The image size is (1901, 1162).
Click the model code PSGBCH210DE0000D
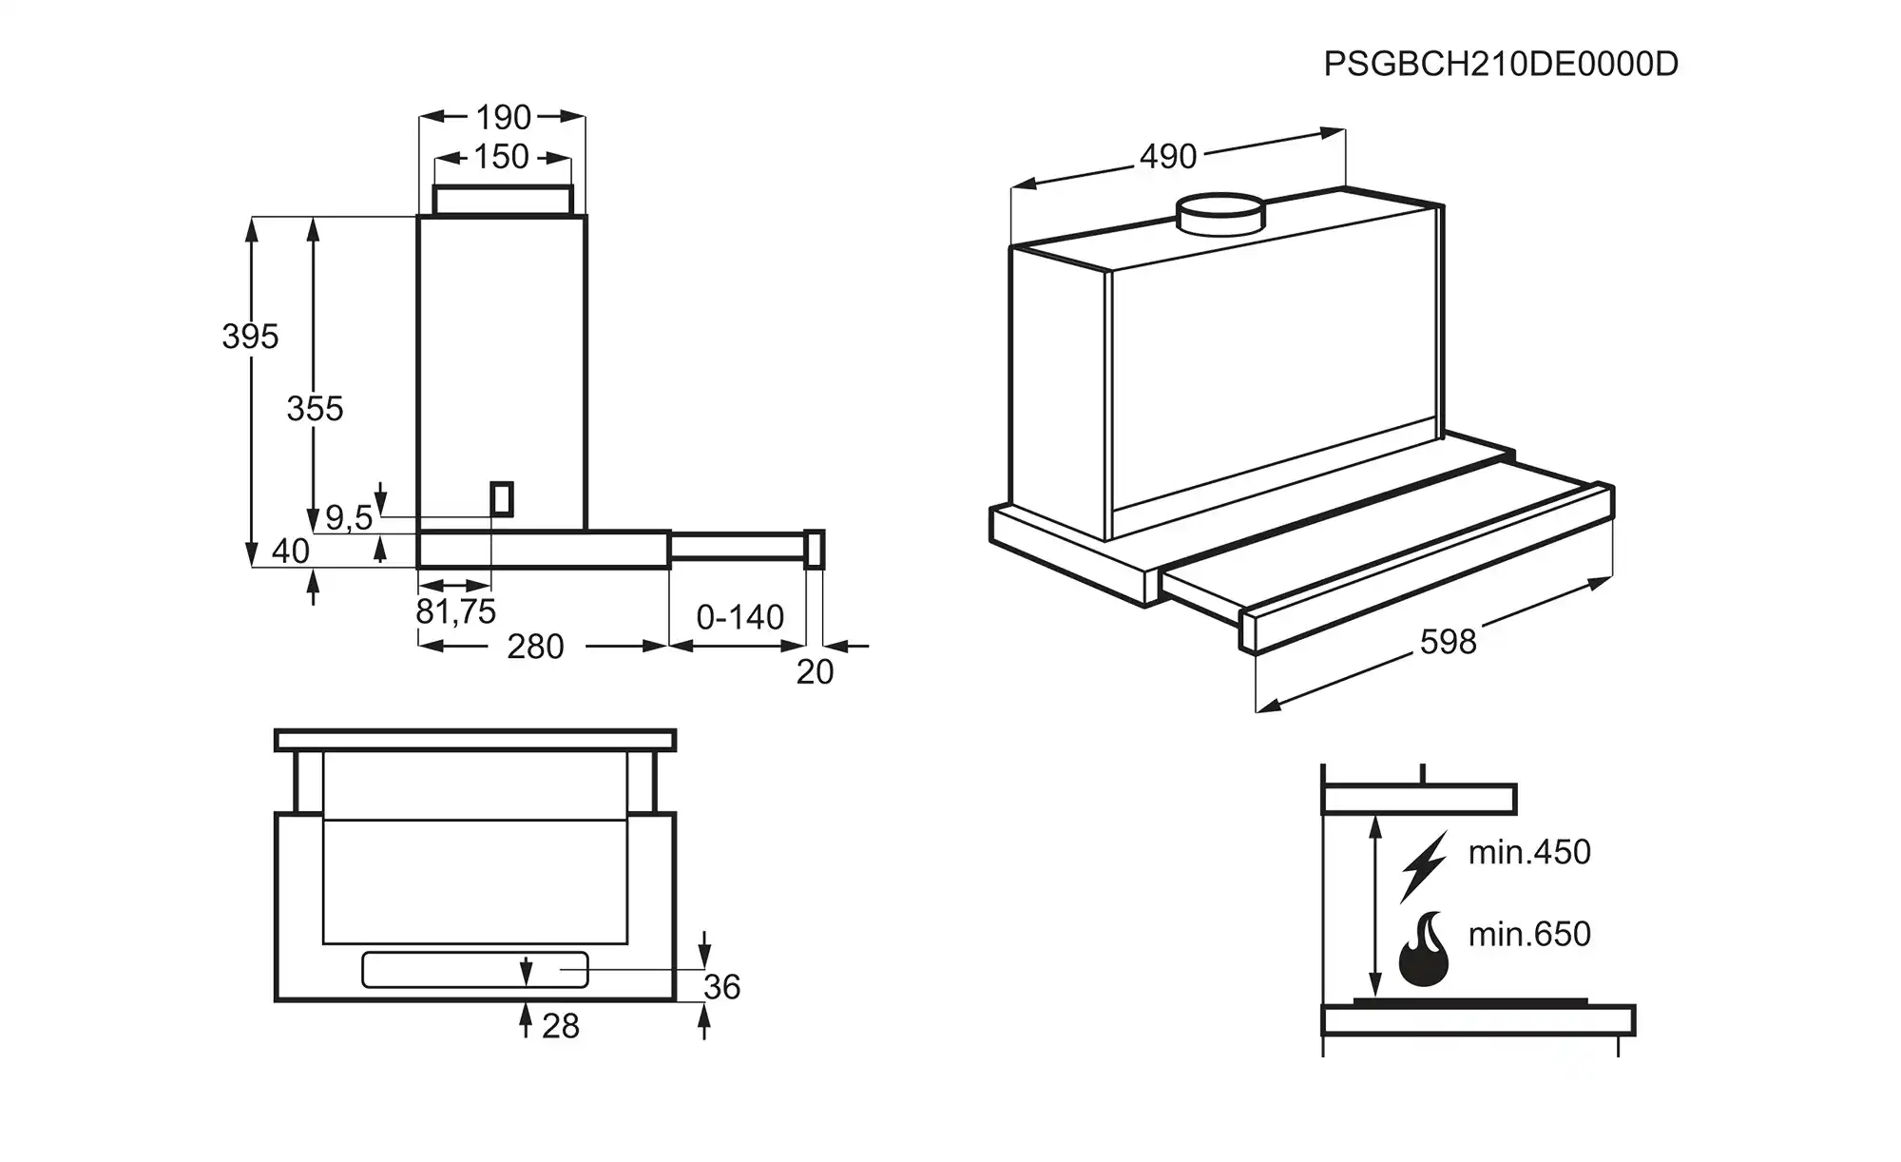pyautogui.click(x=1501, y=64)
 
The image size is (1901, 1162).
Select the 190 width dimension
pyautogui.click(x=503, y=117)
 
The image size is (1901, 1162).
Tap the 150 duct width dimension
pyautogui.click(x=501, y=156)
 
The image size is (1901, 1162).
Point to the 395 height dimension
pyautogui.click(x=250, y=336)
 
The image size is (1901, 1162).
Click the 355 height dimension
pyautogui.click(x=315, y=408)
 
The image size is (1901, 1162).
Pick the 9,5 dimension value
pyautogui.click(x=349, y=517)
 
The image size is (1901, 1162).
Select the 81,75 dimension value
pyautogui.click(x=455, y=611)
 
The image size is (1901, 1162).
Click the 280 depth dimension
pyautogui.click(x=535, y=647)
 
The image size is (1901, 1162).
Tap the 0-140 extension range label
pyautogui.click(x=739, y=617)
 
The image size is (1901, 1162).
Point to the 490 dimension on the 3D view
pyautogui.click(x=1168, y=156)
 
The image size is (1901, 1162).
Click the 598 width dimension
pyautogui.click(x=1448, y=642)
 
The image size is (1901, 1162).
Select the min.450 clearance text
pyautogui.click(x=1529, y=852)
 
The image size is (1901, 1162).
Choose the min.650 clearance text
pyautogui.click(x=1529, y=934)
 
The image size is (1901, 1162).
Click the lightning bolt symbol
pyautogui.click(x=1423, y=866)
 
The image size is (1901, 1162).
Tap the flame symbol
pyautogui.click(x=1423, y=951)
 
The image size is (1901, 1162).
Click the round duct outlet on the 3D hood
pyautogui.click(x=1221, y=213)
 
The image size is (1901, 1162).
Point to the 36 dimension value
pyautogui.click(x=721, y=987)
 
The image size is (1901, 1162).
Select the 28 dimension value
pyautogui.click(x=560, y=1026)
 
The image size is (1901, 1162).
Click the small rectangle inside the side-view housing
pyautogui.click(x=502, y=499)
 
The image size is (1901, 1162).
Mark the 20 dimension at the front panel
pyautogui.click(x=815, y=671)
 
